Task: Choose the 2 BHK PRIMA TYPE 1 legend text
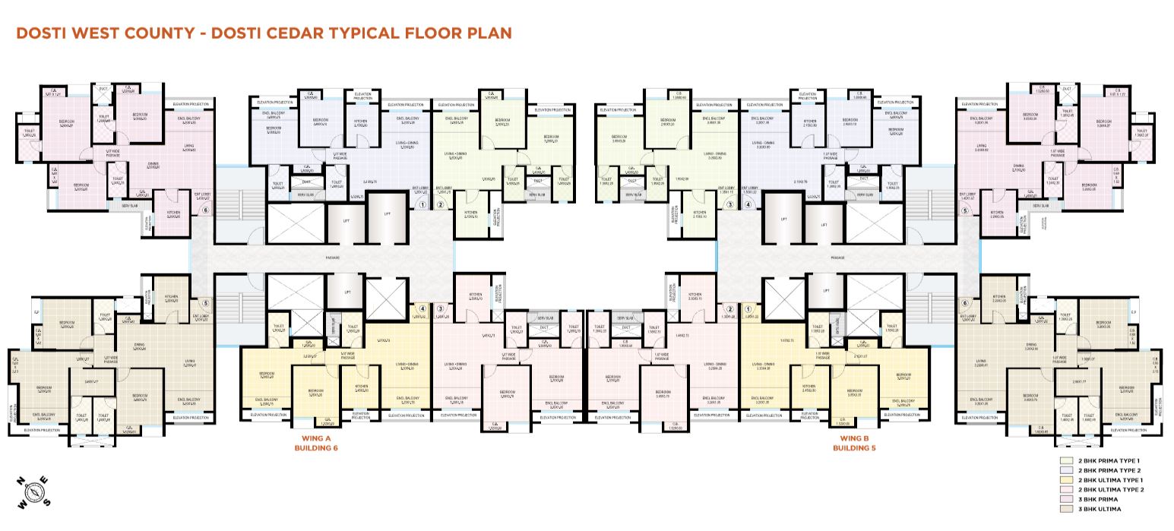(x=1109, y=461)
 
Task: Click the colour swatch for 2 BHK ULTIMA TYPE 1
(x=1066, y=480)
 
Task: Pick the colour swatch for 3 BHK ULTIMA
(x=1066, y=509)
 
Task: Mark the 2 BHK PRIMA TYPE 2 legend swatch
(x=1066, y=470)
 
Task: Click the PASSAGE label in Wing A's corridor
(x=333, y=258)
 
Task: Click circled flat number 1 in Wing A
(x=422, y=204)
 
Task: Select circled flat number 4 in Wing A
(x=422, y=308)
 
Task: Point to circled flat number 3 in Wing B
(x=729, y=204)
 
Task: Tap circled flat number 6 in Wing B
(x=965, y=302)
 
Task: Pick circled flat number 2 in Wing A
(x=440, y=204)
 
